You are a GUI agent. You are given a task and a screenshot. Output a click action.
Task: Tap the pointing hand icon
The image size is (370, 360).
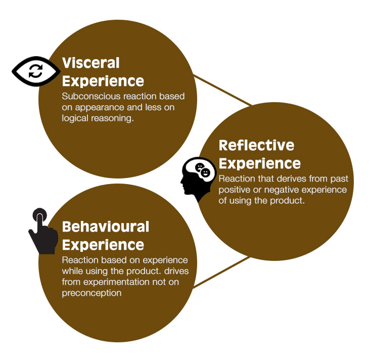point(42,233)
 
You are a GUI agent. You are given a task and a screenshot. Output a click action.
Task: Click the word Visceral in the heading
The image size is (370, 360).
point(91,63)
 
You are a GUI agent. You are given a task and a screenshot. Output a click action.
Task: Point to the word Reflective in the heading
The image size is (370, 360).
point(256,146)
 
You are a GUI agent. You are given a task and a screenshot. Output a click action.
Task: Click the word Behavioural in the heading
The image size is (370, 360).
point(106,227)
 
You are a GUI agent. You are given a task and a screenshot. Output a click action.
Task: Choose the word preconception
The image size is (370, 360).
point(91,293)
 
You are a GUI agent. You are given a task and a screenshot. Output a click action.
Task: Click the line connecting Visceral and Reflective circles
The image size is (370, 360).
point(223,91)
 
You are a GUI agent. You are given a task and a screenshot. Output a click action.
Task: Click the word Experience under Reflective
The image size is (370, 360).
point(259,163)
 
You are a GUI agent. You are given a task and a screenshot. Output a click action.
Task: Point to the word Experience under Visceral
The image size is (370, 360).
point(103,81)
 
